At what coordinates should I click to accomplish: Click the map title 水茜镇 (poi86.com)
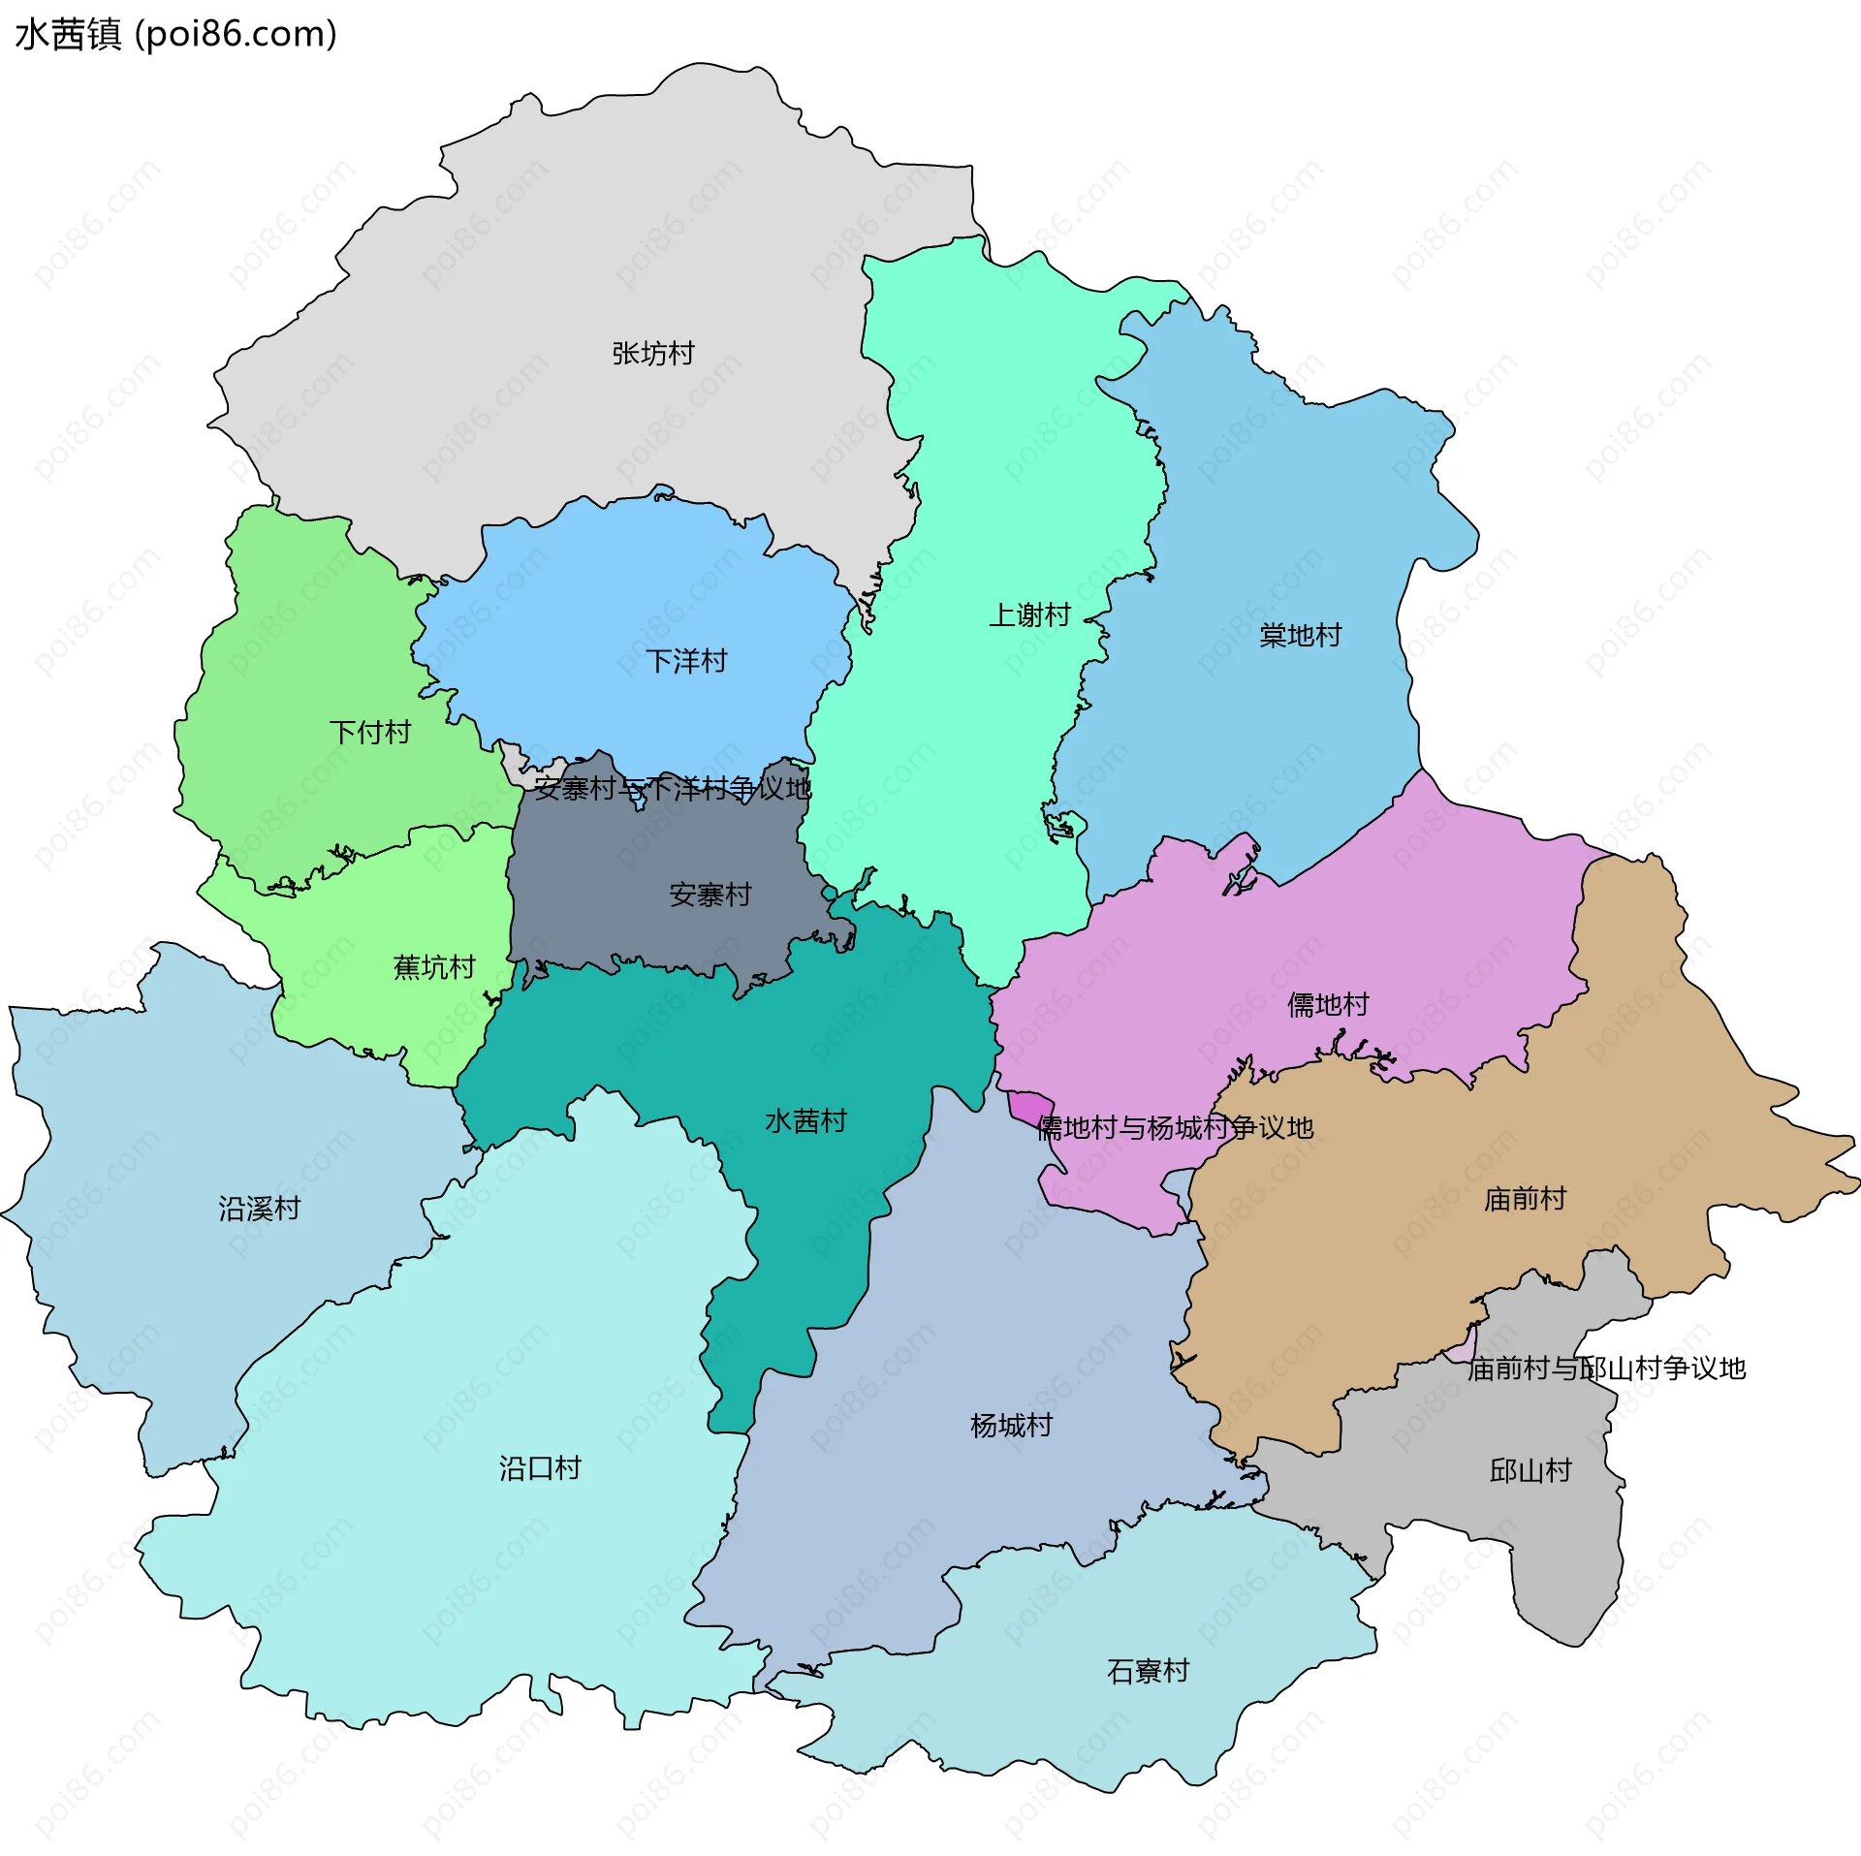(176, 35)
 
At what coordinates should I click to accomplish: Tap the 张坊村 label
(653, 354)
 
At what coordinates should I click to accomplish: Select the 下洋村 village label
(686, 661)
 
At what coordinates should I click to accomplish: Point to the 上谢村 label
(1029, 614)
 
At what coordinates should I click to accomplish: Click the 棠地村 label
(1300, 635)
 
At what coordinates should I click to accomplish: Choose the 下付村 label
(370, 732)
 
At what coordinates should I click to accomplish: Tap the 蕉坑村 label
(434, 966)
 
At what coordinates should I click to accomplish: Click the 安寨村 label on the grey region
(710, 895)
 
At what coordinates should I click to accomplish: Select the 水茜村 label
(806, 1120)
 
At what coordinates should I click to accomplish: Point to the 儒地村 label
(1328, 1004)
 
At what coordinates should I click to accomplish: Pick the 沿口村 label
(540, 1467)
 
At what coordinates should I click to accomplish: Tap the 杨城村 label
(1011, 1425)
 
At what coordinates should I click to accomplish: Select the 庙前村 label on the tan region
(1525, 1199)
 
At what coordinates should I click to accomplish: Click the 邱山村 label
(1530, 1470)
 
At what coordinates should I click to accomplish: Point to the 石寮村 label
(1148, 1671)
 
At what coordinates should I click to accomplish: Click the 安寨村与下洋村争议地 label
(673, 788)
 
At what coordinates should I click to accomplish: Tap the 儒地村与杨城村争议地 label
(1175, 1127)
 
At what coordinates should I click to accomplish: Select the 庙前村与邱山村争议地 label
(1606, 1368)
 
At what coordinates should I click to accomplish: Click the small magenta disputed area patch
(1029, 1105)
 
